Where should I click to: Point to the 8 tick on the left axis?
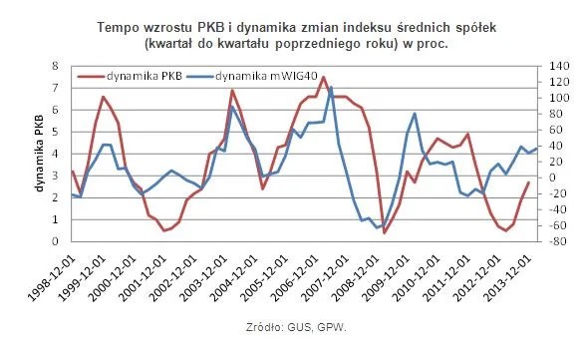click(57, 66)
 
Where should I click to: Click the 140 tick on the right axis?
click(546, 66)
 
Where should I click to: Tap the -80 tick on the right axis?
click(546, 241)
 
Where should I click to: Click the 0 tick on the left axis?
click(57, 241)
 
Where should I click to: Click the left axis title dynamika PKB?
click(39, 156)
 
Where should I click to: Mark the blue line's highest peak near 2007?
click(330, 87)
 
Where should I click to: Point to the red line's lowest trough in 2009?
click(385, 232)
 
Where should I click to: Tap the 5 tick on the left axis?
click(57, 132)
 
